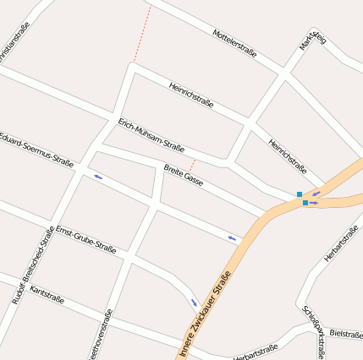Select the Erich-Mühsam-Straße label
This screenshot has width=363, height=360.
coord(151,134)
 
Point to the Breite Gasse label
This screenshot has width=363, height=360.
coord(184,175)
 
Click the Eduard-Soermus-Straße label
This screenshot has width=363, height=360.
coord(36,148)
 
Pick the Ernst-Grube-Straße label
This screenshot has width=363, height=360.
coord(85,239)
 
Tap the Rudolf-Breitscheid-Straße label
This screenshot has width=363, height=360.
coord(33,266)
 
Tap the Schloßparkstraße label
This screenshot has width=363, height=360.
coord(314,332)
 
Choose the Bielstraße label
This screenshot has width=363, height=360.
coord(347,334)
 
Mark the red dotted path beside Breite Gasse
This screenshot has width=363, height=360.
coord(193,165)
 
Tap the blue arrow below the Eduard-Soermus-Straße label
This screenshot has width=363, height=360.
coord(99,177)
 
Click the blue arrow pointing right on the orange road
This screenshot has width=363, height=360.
coord(314,203)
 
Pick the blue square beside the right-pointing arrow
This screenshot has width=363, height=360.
coord(305,203)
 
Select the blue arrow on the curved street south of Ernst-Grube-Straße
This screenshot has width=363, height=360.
coord(194,302)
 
